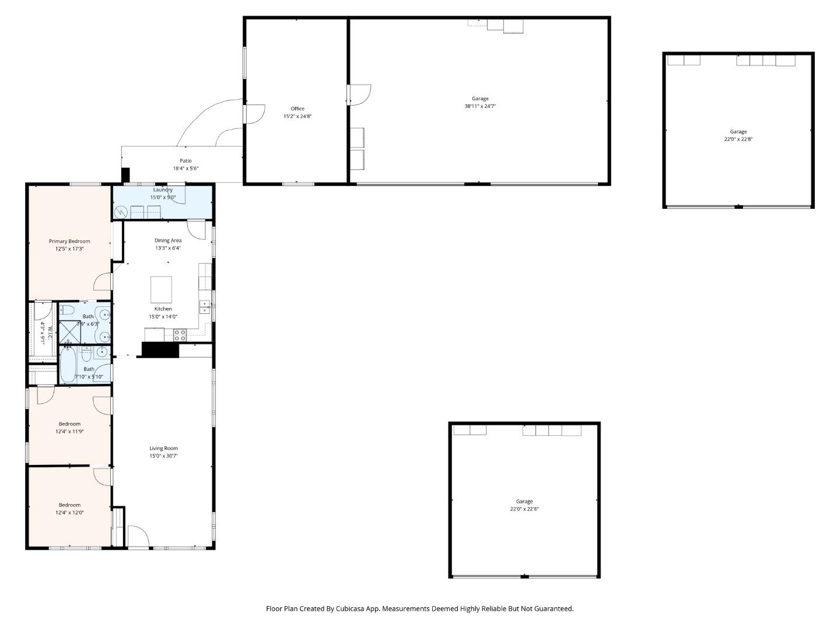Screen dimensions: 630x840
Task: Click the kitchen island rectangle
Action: (x=161, y=289)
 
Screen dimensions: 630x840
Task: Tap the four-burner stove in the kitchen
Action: (x=180, y=335)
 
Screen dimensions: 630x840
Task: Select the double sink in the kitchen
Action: (x=204, y=307)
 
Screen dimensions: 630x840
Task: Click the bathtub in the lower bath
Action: (x=68, y=365)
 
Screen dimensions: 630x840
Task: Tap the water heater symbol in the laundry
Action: (x=121, y=212)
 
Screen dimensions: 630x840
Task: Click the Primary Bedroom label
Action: (x=69, y=241)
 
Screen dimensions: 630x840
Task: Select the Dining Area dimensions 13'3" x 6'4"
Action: (x=168, y=248)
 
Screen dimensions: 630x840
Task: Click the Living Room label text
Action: (x=163, y=448)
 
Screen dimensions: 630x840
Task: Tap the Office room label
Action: (x=297, y=108)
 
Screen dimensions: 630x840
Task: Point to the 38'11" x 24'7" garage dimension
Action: (x=480, y=106)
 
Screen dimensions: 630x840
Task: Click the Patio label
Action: (x=185, y=160)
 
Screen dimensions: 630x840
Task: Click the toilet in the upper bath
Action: (x=66, y=309)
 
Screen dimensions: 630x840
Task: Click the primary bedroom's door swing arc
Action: (x=103, y=281)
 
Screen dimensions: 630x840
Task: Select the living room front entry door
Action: (x=138, y=536)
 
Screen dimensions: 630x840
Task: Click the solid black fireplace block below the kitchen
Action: (x=160, y=349)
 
